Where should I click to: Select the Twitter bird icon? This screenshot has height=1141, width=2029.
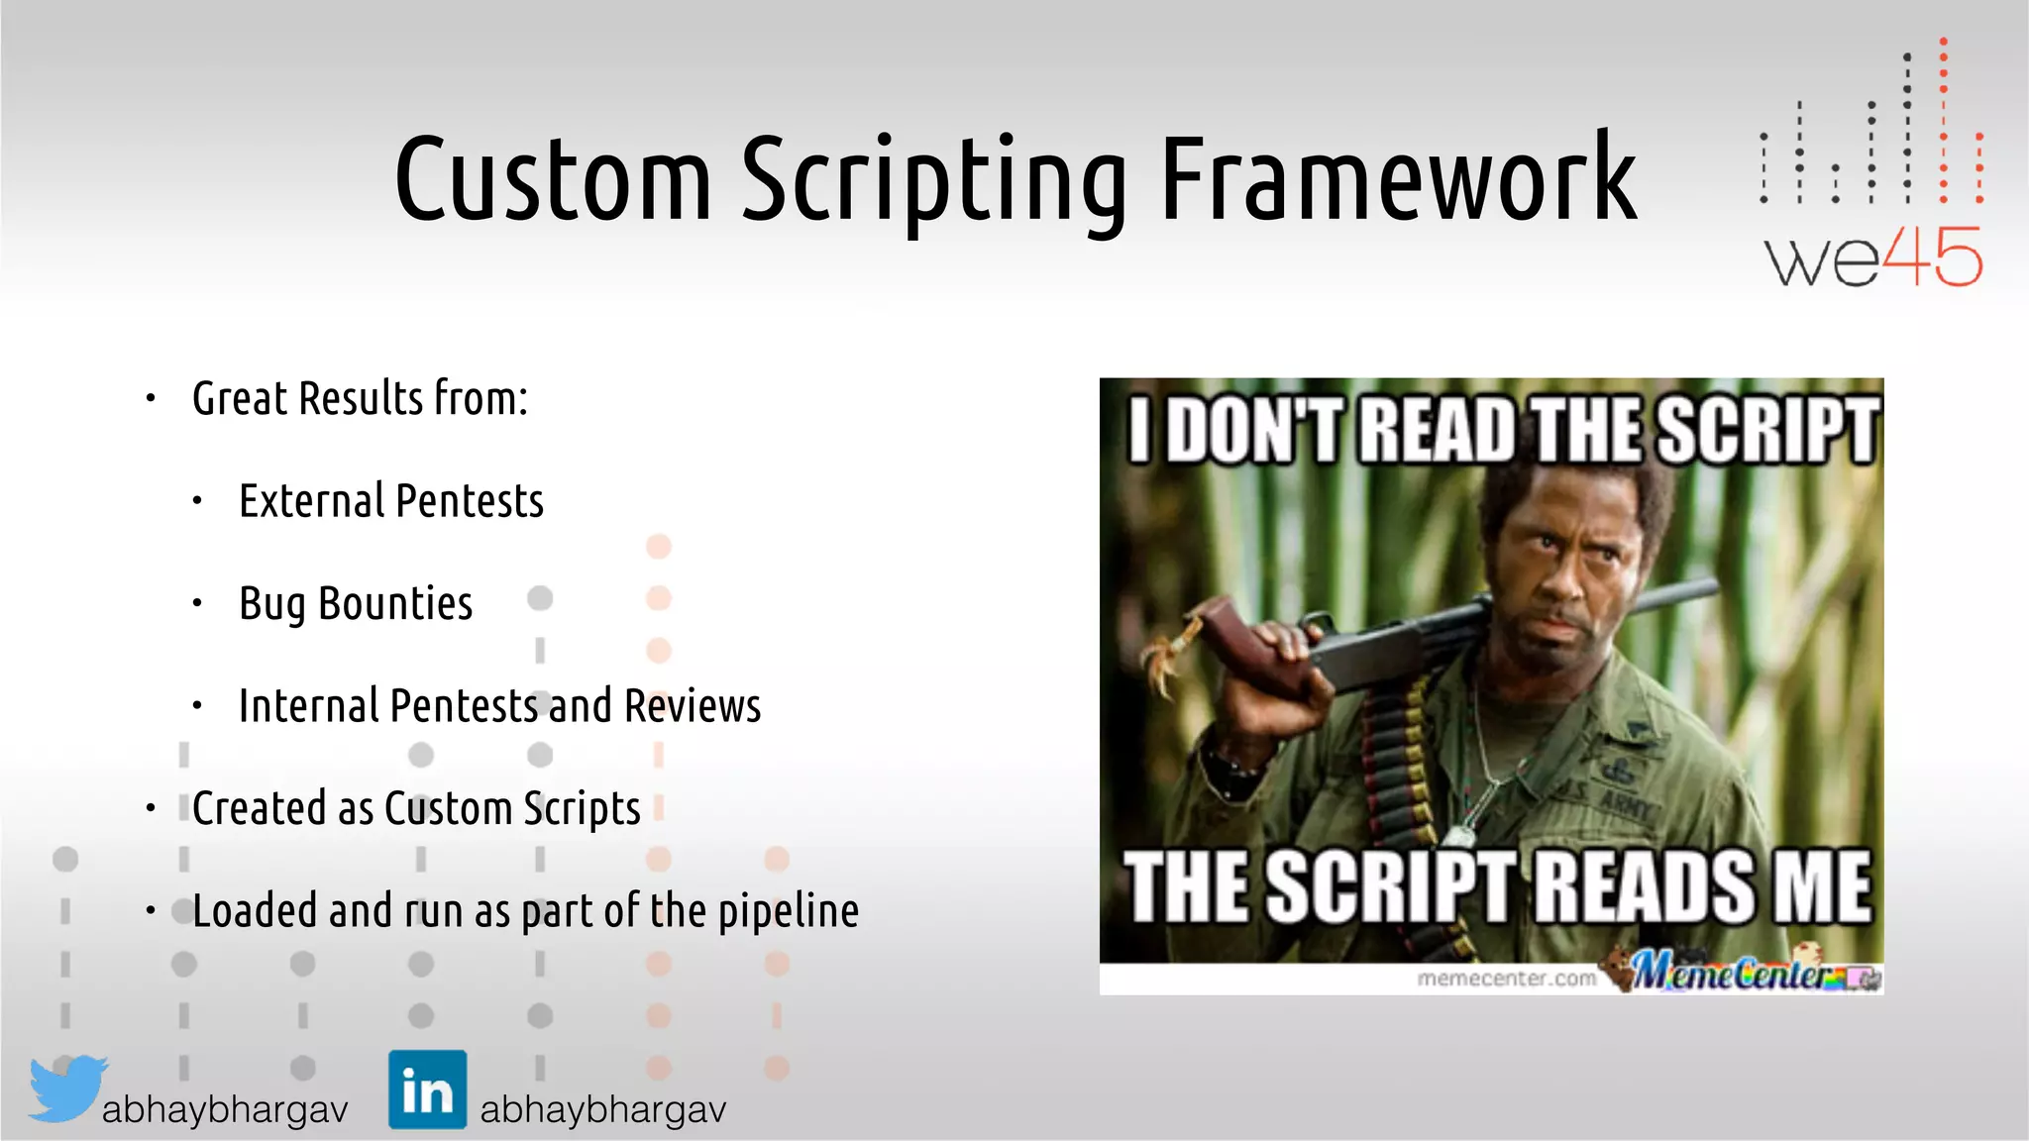pyautogui.click(x=66, y=1088)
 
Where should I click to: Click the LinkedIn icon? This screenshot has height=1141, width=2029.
pyautogui.click(x=427, y=1089)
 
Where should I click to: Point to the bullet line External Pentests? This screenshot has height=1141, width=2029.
pyautogui.click(x=391, y=501)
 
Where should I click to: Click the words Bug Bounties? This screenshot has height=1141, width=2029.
pyautogui.click(x=356, y=604)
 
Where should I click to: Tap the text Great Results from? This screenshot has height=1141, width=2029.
pyautogui.click(x=360, y=399)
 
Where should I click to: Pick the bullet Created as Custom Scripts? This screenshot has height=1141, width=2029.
pyautogui.click(x=416, y=809)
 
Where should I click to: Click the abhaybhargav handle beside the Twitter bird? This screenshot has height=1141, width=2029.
pyautogui.click(x=225, y=1109)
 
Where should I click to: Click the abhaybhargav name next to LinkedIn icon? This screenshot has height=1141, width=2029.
pyautogui.click(x=602, y=1109)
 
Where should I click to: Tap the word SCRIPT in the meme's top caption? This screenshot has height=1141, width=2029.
pyautogui.click(x=1768, y=431)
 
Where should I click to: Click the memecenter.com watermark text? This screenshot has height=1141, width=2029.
pyautogui.click(x=1506, y=979)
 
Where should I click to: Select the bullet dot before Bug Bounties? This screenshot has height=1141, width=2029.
pyautogui.click(x=197, y=603)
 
